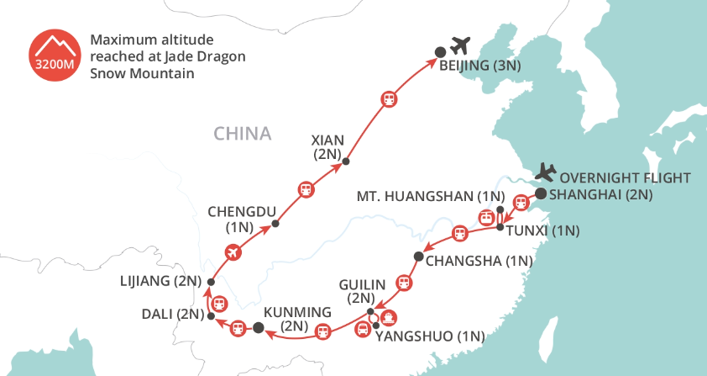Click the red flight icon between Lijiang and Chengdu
coord(234,252)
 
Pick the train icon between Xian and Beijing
coord(389,98)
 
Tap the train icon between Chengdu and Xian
coord(306,189)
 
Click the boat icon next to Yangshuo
coord(389,318)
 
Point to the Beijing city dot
coord(438,52)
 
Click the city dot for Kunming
coord(259,328)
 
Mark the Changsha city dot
coord(417,256)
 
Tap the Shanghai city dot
coord(541,193)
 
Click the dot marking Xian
coord(346,162)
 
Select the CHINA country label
coord(243,134)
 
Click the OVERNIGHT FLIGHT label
coord(625,177)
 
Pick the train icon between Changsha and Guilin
coord(405,283)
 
